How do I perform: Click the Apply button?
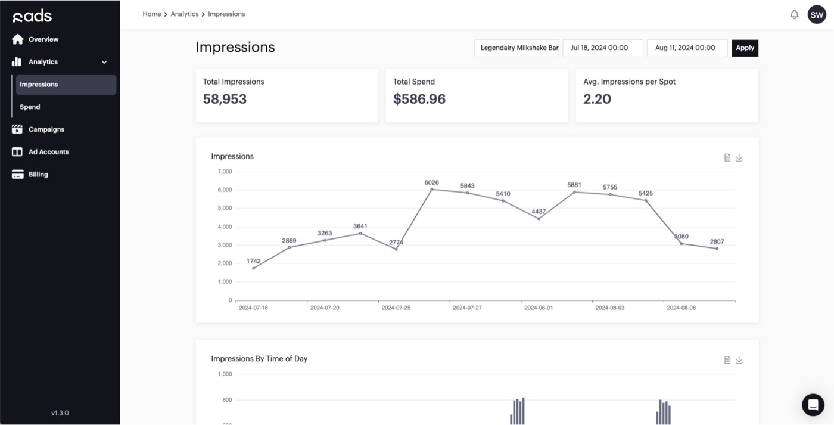[x=745, y=48]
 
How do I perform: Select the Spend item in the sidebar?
[x=30, y=107]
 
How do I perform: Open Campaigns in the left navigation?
[x=46, y=129]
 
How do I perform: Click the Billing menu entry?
[x=38, y=175]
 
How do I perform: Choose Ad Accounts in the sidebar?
[x=48, y=152]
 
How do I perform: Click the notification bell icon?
[x=794, y=15]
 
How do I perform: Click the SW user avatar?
[x=817, y=15]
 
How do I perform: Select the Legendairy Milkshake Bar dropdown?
[x=516, y=48]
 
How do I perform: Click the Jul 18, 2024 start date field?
[x=602, y=48]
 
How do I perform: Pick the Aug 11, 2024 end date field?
[x=687, y=48]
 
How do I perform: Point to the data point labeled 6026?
[x=432, y=190]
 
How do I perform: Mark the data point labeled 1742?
[x=254, y=268]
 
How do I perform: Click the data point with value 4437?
[x=539, y=219]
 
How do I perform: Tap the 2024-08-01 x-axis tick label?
[x=539, y=308]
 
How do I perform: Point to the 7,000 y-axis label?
[x=225, y=172]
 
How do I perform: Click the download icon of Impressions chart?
[x=739, y=158]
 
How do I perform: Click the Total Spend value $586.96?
[x=419, y=99]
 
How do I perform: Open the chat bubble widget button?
[x=813, y=405]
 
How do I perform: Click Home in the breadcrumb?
[x=151, y=14]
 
